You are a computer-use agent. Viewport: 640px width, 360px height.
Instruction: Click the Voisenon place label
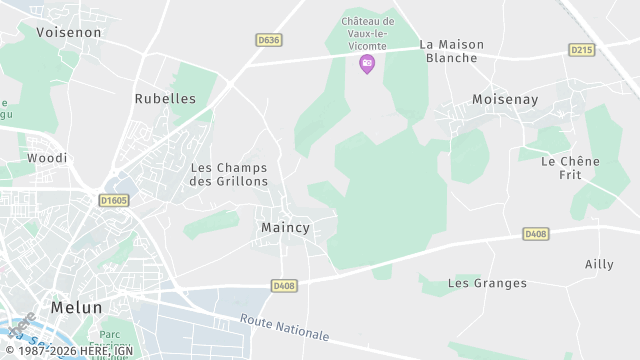coord(69,32)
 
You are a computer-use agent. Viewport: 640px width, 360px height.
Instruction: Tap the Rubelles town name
coord(165,99)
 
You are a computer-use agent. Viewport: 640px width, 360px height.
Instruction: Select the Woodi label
coord(47,158)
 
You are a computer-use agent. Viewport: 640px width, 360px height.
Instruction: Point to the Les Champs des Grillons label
coord(229,174)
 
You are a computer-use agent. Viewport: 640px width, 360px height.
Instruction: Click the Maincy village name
coord(285,228)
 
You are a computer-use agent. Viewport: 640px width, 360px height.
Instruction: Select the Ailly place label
coord(599,264)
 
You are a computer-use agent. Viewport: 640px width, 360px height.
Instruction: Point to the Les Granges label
coord(487,283)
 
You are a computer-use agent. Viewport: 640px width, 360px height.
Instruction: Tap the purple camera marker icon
coord(367,63)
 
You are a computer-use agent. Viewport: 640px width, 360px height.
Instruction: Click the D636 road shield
coord(267,40)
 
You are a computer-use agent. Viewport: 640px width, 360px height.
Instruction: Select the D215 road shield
coord(581,49)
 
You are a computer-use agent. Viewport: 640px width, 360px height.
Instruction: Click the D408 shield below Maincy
coord(284,286)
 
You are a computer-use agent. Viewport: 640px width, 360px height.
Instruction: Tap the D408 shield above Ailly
coord(536,234)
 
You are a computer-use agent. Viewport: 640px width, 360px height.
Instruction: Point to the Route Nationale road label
coord(285,327)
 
